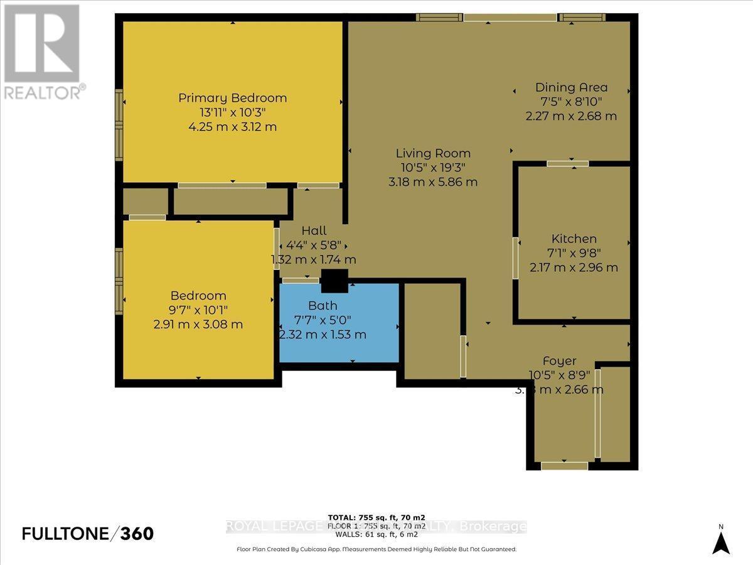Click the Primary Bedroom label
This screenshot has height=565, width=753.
pyautogui.click(x=232, y=98)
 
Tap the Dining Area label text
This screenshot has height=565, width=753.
pyautogui.click(x=571, y=87)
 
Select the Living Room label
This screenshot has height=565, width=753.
pyautogui.click(x=433, y=153)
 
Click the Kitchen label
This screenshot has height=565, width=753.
pyautogui.click(x=574, y=239)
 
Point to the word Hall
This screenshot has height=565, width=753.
pyautogui.click(x=314, y=231)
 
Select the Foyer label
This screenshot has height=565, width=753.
pyautogui.click(x=559, y=361)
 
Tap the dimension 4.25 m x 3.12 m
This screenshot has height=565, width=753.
pyautogui.click(x=232, y=127)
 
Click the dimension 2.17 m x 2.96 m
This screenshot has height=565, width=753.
pyautogui.click(x=574, y=267)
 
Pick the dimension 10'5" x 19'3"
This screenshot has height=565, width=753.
pyautogui.click(x=433, y=168)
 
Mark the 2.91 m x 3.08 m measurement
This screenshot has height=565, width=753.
pyautogui.click(x=198, y=325)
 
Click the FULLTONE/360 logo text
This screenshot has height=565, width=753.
pyautogui.click(x=88, y=534)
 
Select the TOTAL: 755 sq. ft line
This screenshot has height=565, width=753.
pyautogui.click(x=376, y=517)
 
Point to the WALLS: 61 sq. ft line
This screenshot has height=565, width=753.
pyautogui.click(x=376, y=534)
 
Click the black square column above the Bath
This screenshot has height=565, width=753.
pyautogui.click(x=334, y=281)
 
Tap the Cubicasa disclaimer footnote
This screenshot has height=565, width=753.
pyautogui.click(x=376, y=549)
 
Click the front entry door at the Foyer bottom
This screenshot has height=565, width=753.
pyautogui.click(x=564, y=466)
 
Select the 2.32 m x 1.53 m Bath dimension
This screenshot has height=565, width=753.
pyautogui.click(x=323, y=335)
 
